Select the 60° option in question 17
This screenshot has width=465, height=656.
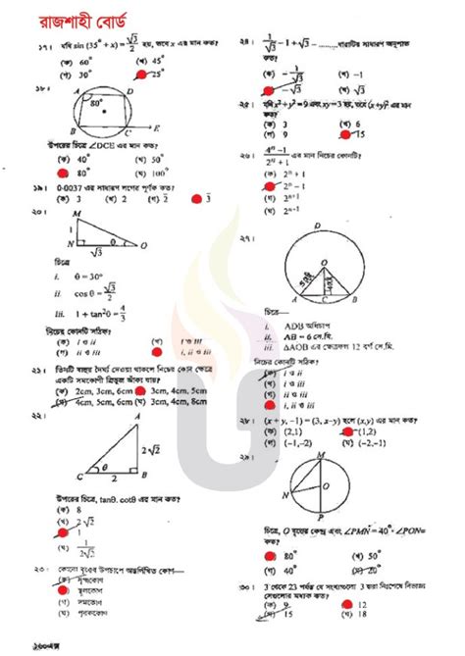(x=70, y=61)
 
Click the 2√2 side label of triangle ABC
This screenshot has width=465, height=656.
(x=146, y=450)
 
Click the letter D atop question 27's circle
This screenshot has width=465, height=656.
(x=330, y=230)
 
